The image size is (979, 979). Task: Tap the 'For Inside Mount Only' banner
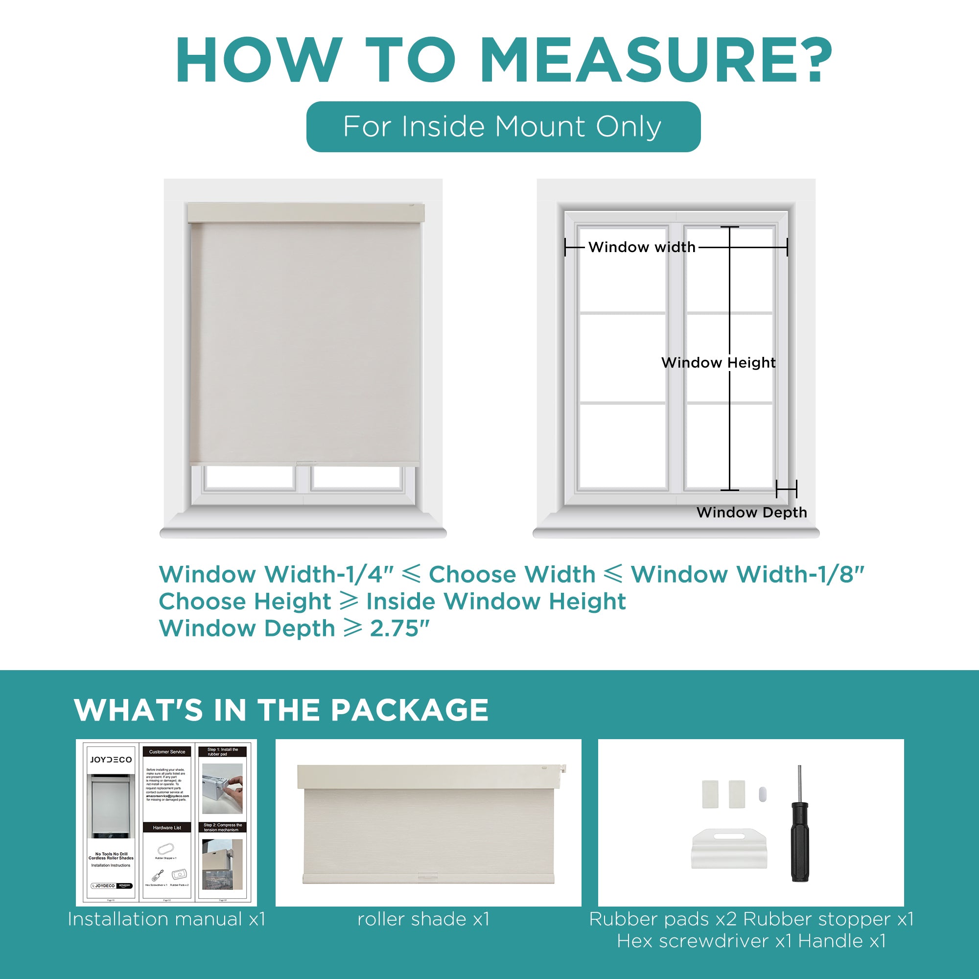tap(503, 127)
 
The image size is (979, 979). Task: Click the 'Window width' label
tap(642, 247)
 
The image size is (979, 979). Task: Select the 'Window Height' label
tap(718, 363)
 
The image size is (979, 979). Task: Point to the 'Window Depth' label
tap(751, 513)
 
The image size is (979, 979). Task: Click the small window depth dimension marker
tap(786, 489)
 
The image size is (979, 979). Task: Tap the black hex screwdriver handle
tap(800, 842)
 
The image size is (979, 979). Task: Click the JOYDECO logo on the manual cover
tap(111, 760)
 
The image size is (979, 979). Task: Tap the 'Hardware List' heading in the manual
tap(167, 827)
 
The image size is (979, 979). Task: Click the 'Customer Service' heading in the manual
tap(167, 752)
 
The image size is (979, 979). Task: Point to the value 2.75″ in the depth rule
tap(399, 629)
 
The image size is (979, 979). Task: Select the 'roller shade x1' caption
tap(423, 919)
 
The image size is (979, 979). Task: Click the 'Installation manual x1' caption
tap(167, 919)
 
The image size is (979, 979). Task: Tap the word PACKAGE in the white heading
tap(409, 710)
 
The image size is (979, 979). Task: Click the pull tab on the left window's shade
tap(305, 463)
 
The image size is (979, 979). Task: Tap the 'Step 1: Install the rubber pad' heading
tap(222, 752)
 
